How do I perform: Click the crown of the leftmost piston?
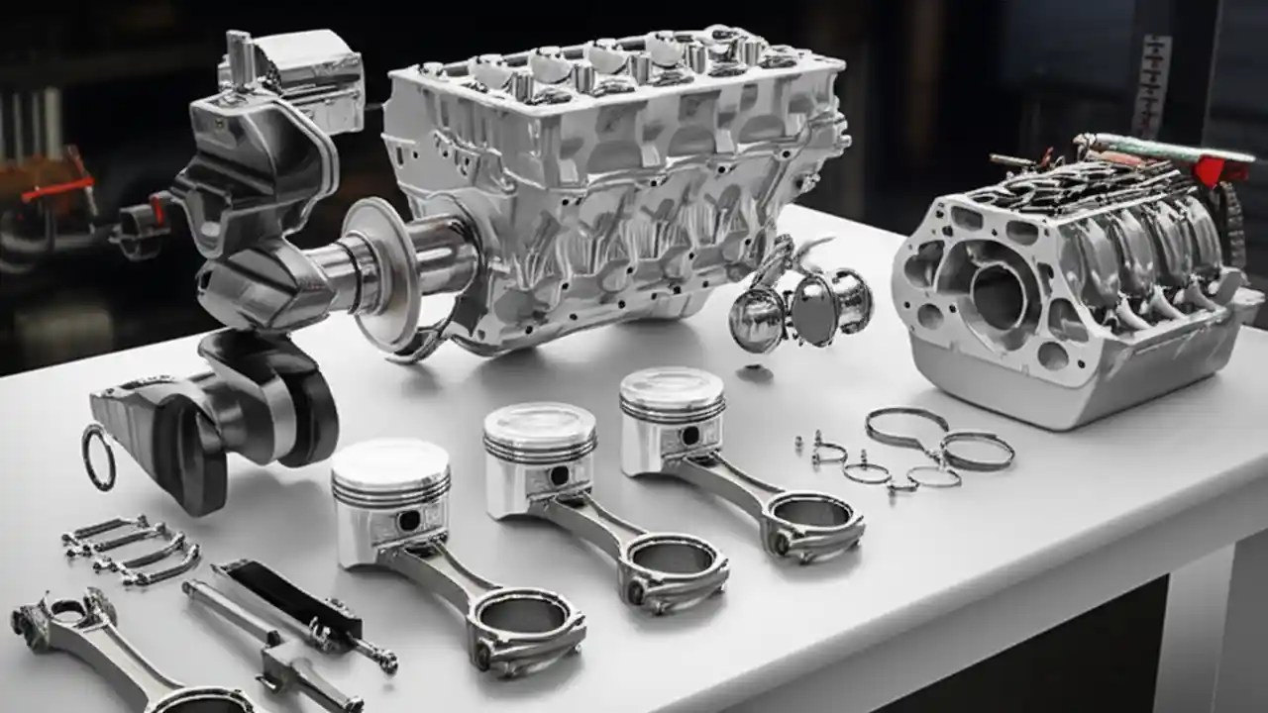point(390,459)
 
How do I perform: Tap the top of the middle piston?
point(540,422)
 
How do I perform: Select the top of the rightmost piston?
point(672,385)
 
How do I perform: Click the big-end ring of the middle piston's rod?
point(674,565)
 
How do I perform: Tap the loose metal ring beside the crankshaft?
point(98,457)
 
